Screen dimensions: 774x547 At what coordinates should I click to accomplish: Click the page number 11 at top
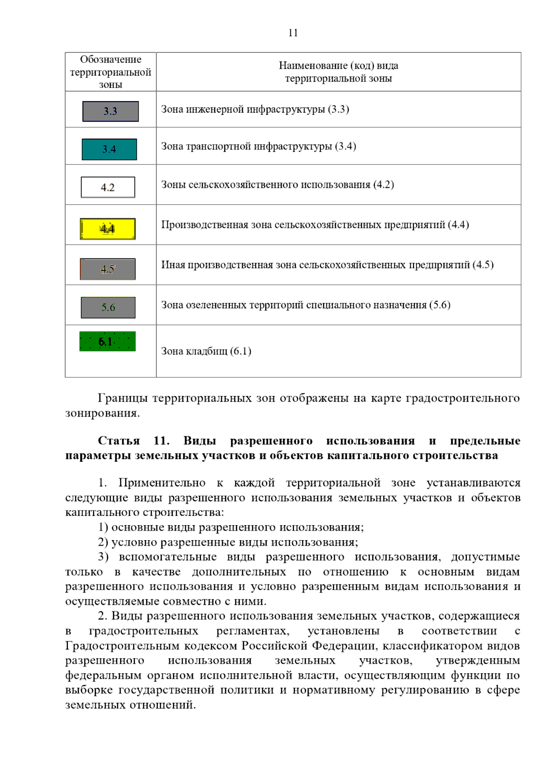293,33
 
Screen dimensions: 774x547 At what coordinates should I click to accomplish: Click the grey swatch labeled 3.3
110,111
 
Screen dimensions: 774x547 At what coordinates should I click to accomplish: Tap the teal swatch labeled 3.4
109,149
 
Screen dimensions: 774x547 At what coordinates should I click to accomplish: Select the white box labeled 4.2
108,187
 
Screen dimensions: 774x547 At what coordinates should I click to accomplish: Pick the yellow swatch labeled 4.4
108,229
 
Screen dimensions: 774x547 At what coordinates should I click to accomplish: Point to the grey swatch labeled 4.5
108,269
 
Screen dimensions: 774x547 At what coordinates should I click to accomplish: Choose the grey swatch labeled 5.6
108,307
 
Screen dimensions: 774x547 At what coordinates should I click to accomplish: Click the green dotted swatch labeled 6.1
108,341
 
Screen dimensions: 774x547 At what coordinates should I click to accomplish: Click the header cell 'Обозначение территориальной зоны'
111,72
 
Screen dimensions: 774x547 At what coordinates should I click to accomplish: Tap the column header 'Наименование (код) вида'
338,66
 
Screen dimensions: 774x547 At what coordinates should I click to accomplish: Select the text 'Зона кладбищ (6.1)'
206,351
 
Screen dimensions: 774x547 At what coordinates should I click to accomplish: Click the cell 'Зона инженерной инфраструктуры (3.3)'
255,109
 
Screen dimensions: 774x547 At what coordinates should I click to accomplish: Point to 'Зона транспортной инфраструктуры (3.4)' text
258,146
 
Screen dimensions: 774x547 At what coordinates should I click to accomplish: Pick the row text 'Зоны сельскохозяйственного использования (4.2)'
277,185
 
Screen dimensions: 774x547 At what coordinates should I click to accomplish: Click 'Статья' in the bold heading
119,441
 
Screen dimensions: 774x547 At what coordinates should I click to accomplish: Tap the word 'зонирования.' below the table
103,413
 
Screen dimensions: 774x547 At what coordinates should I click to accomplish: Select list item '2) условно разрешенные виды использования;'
228,542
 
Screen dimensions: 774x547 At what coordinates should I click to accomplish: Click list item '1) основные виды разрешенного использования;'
231,527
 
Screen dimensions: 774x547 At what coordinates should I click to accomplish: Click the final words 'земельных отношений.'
130,705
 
